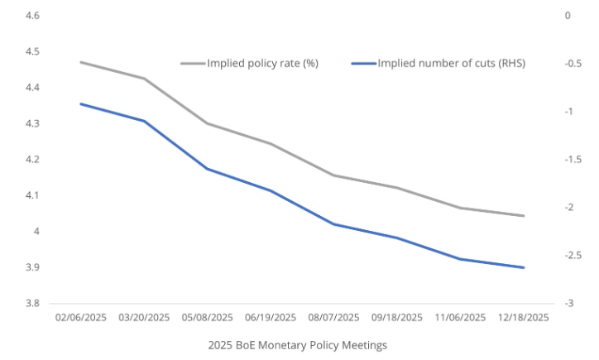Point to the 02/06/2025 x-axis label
(x=80, y=317)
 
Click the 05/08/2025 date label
(x=207, y=317)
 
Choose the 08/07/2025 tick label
(x=333, y=317)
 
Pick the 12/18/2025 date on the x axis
(x=523, y=317)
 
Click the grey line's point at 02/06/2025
(x=80, y=62)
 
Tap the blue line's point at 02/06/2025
(x=80, y=103)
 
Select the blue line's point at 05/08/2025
(x=207, y=169)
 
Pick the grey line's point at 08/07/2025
(x=333, y=175)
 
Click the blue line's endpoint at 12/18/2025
(x=524, y=267)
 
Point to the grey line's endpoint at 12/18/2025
(x=524, y=216)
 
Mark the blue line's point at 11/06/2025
(x=460, y=259)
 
